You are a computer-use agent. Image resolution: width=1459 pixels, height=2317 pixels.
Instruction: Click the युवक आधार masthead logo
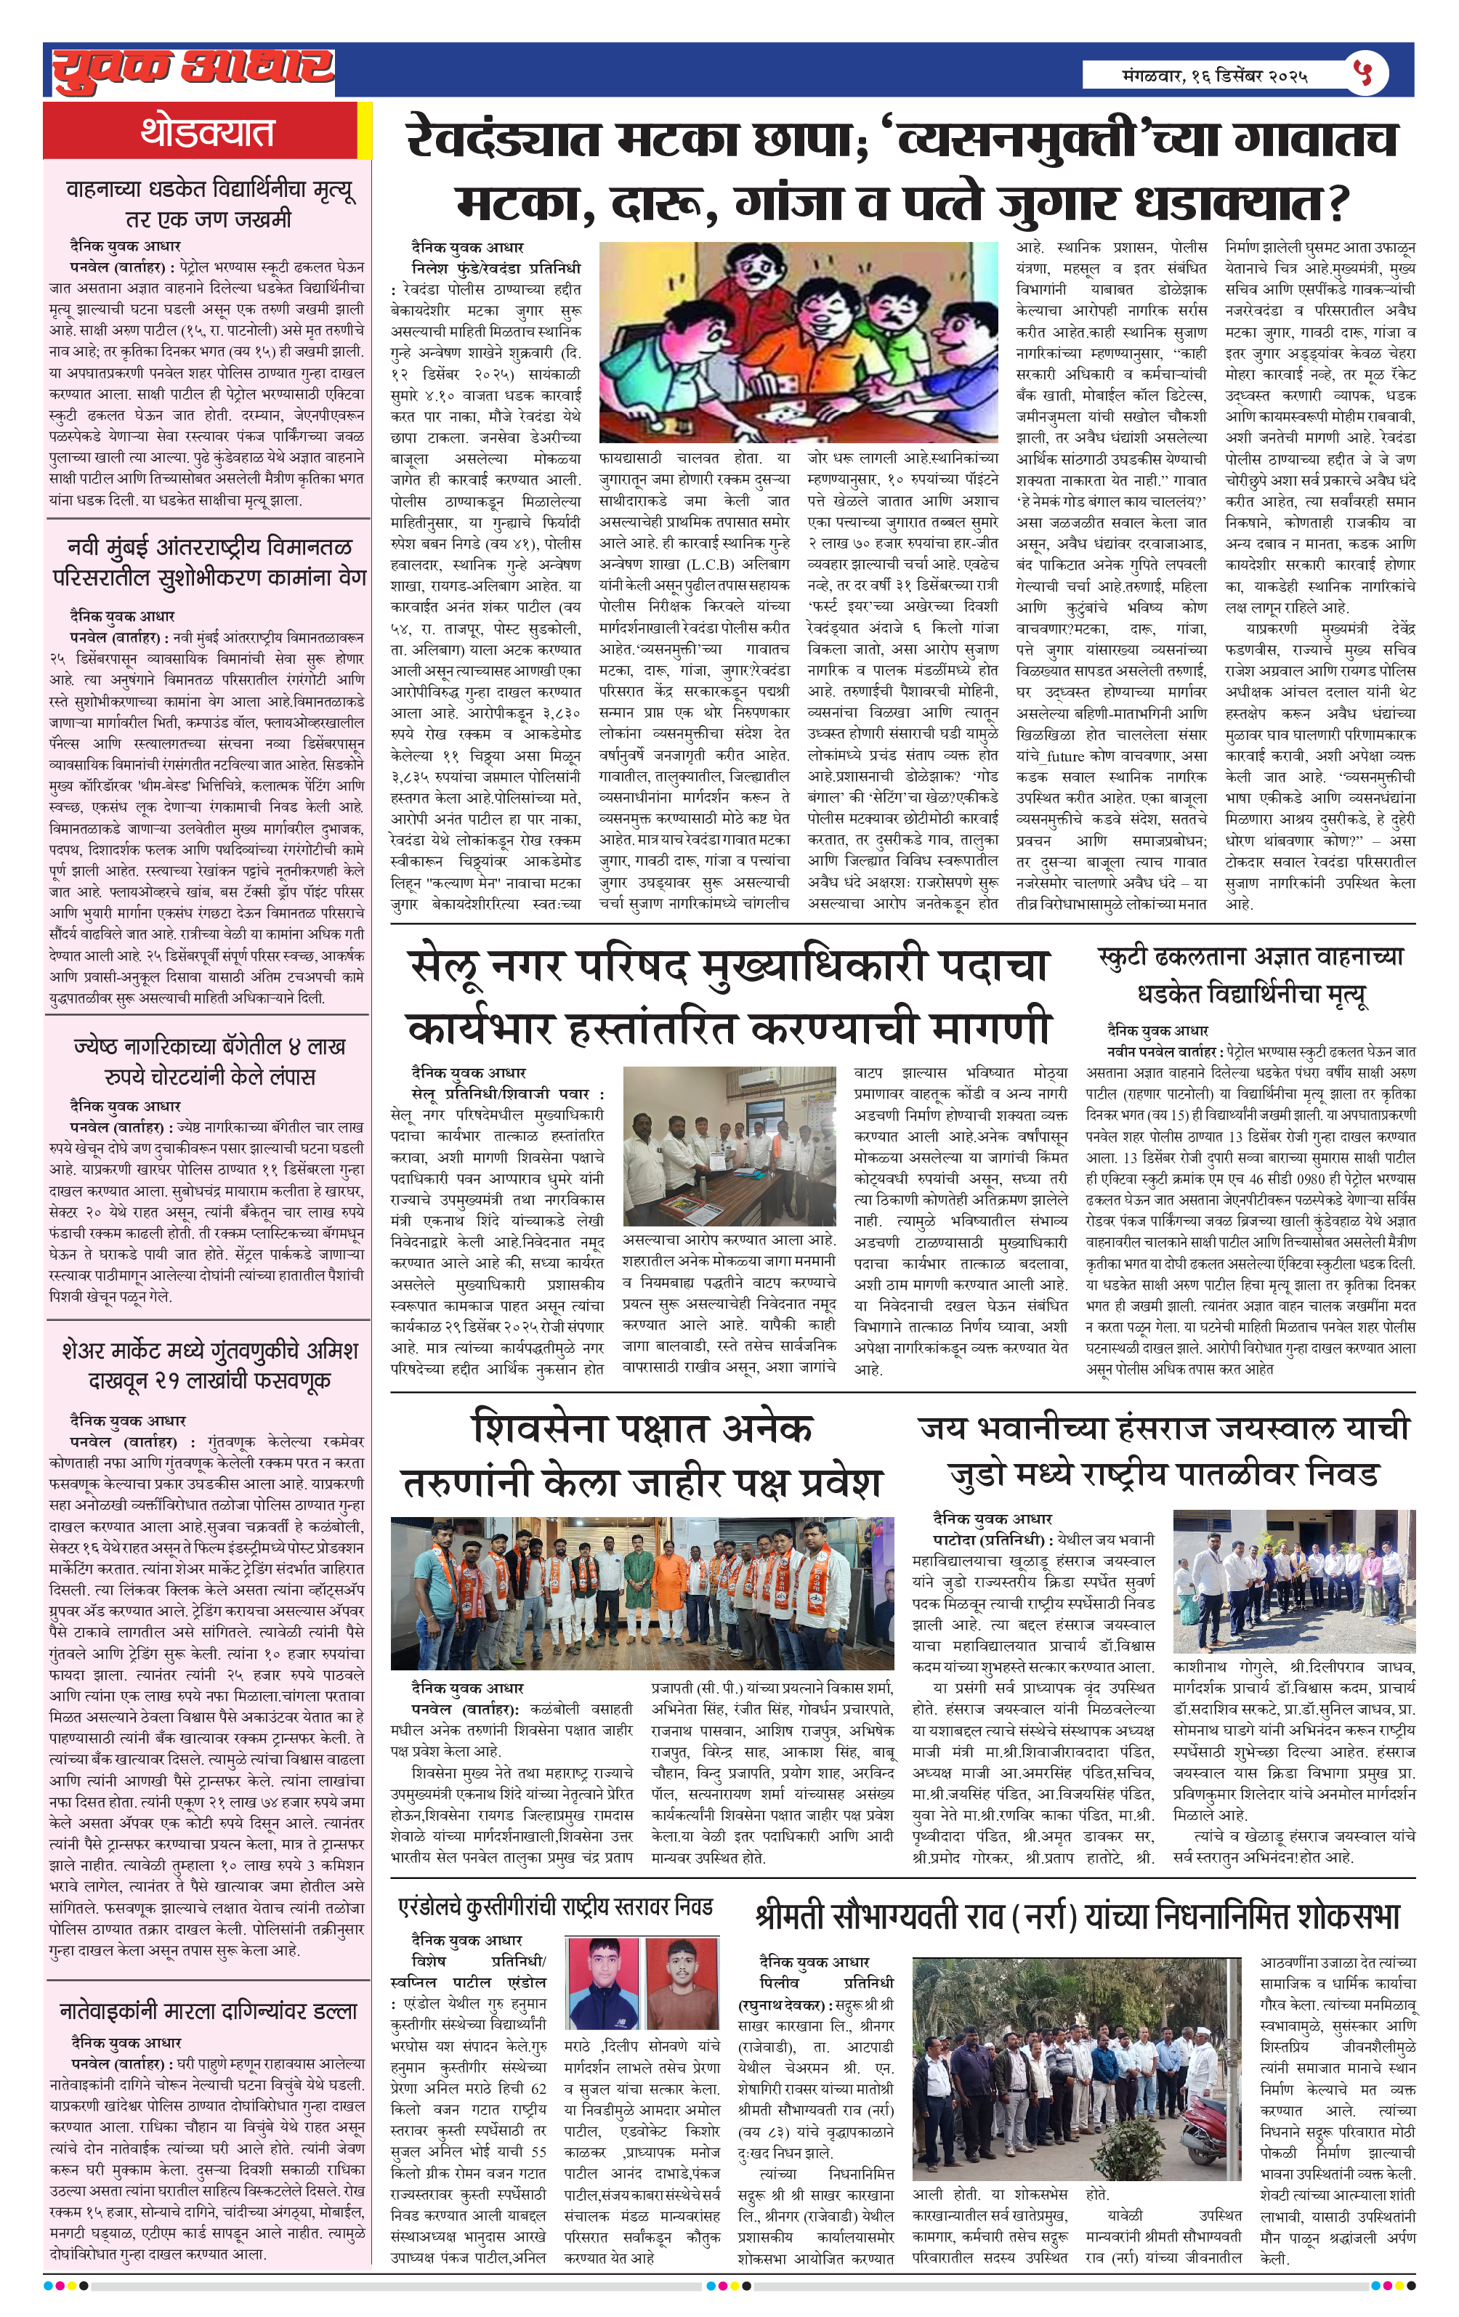(193, 69)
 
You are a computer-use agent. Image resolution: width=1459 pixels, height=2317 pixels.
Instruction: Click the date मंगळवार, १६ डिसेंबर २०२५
(1216, 75)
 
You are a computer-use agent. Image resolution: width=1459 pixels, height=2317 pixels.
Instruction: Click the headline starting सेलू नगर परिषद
(729, 996)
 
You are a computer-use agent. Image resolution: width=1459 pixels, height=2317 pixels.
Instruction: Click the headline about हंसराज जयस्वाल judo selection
(1163, 1451)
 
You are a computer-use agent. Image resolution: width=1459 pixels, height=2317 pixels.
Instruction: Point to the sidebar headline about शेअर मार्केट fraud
(208, 1364)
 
